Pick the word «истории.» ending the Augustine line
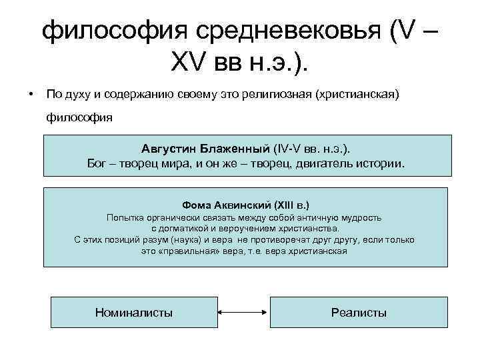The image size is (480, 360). click(x=378, y=162)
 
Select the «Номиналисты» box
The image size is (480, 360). click(x=134, y=311)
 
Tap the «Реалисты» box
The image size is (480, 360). click(x=359, y=311)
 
